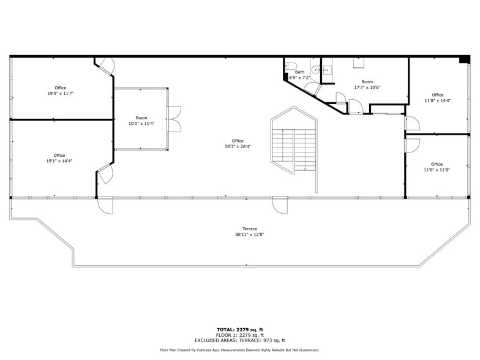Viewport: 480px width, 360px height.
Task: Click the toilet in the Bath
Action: tap(292, 67)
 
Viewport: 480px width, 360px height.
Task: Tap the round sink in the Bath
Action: tap(317, 70)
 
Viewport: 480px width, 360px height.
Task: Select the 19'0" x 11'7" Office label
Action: tap(60, 91)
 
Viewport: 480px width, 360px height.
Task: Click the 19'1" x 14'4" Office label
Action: tap(59, 158)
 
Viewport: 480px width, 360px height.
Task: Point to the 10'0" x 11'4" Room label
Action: tap(141, 121)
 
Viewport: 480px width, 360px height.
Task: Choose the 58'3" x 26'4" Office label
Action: tap(238, 144)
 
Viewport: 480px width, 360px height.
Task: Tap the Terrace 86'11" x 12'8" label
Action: tap(246, 231)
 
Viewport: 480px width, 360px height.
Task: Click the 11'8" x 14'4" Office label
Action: tap(437, 97)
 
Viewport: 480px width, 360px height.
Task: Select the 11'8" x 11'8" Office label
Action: tap(437, 167)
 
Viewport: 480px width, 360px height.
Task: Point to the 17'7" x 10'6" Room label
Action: tap(367, 84)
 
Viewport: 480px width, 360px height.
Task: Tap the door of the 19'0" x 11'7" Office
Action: tap(107, 67)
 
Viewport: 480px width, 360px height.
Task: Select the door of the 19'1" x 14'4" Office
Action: tap(105, 174)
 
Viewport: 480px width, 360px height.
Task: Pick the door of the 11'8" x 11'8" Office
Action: tap(411, 146)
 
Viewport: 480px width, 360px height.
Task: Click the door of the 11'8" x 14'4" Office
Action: tap(411, 124)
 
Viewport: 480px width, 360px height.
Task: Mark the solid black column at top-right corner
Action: tap(464, 59)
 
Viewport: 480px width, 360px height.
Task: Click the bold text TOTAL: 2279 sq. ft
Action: tap(240, 329)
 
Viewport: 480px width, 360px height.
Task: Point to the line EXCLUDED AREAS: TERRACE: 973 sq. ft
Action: tap(240, 340)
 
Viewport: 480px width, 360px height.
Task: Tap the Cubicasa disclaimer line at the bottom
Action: tap(240, 350)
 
